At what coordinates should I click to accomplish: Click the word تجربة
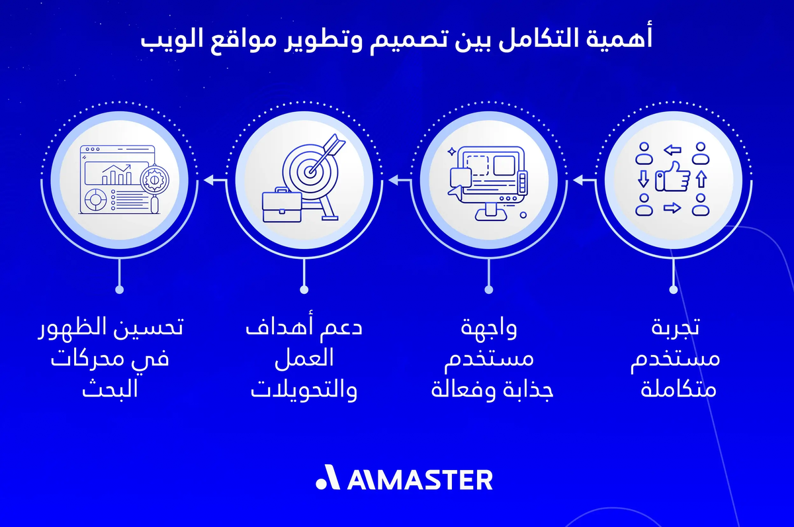672,328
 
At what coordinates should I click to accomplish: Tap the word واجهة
488,328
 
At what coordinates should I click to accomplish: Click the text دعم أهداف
304,328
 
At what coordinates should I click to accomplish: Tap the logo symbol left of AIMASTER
328,479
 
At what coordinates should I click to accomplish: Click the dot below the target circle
304,289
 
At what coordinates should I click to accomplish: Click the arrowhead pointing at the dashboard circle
208,179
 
